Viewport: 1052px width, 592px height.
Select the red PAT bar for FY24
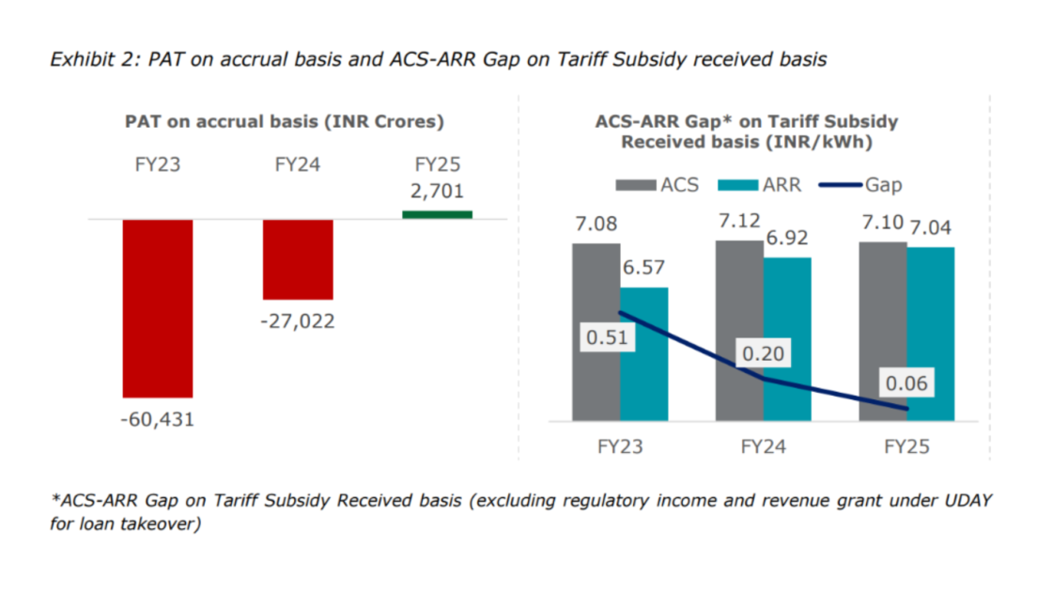click(x=298, y=259)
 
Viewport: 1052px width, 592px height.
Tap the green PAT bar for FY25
click(x=437, y=215)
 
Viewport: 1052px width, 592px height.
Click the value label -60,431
click(x=158, y=420)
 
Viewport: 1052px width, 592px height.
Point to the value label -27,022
click(x=298, y=321)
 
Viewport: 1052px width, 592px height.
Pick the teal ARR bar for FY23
click(x=644, y=376)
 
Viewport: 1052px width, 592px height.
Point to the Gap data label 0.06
click(x=906, y=383)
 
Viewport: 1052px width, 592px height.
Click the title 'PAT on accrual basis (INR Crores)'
click(x=285, y=122)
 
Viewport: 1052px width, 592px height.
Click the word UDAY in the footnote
click(x=966, y=502)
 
